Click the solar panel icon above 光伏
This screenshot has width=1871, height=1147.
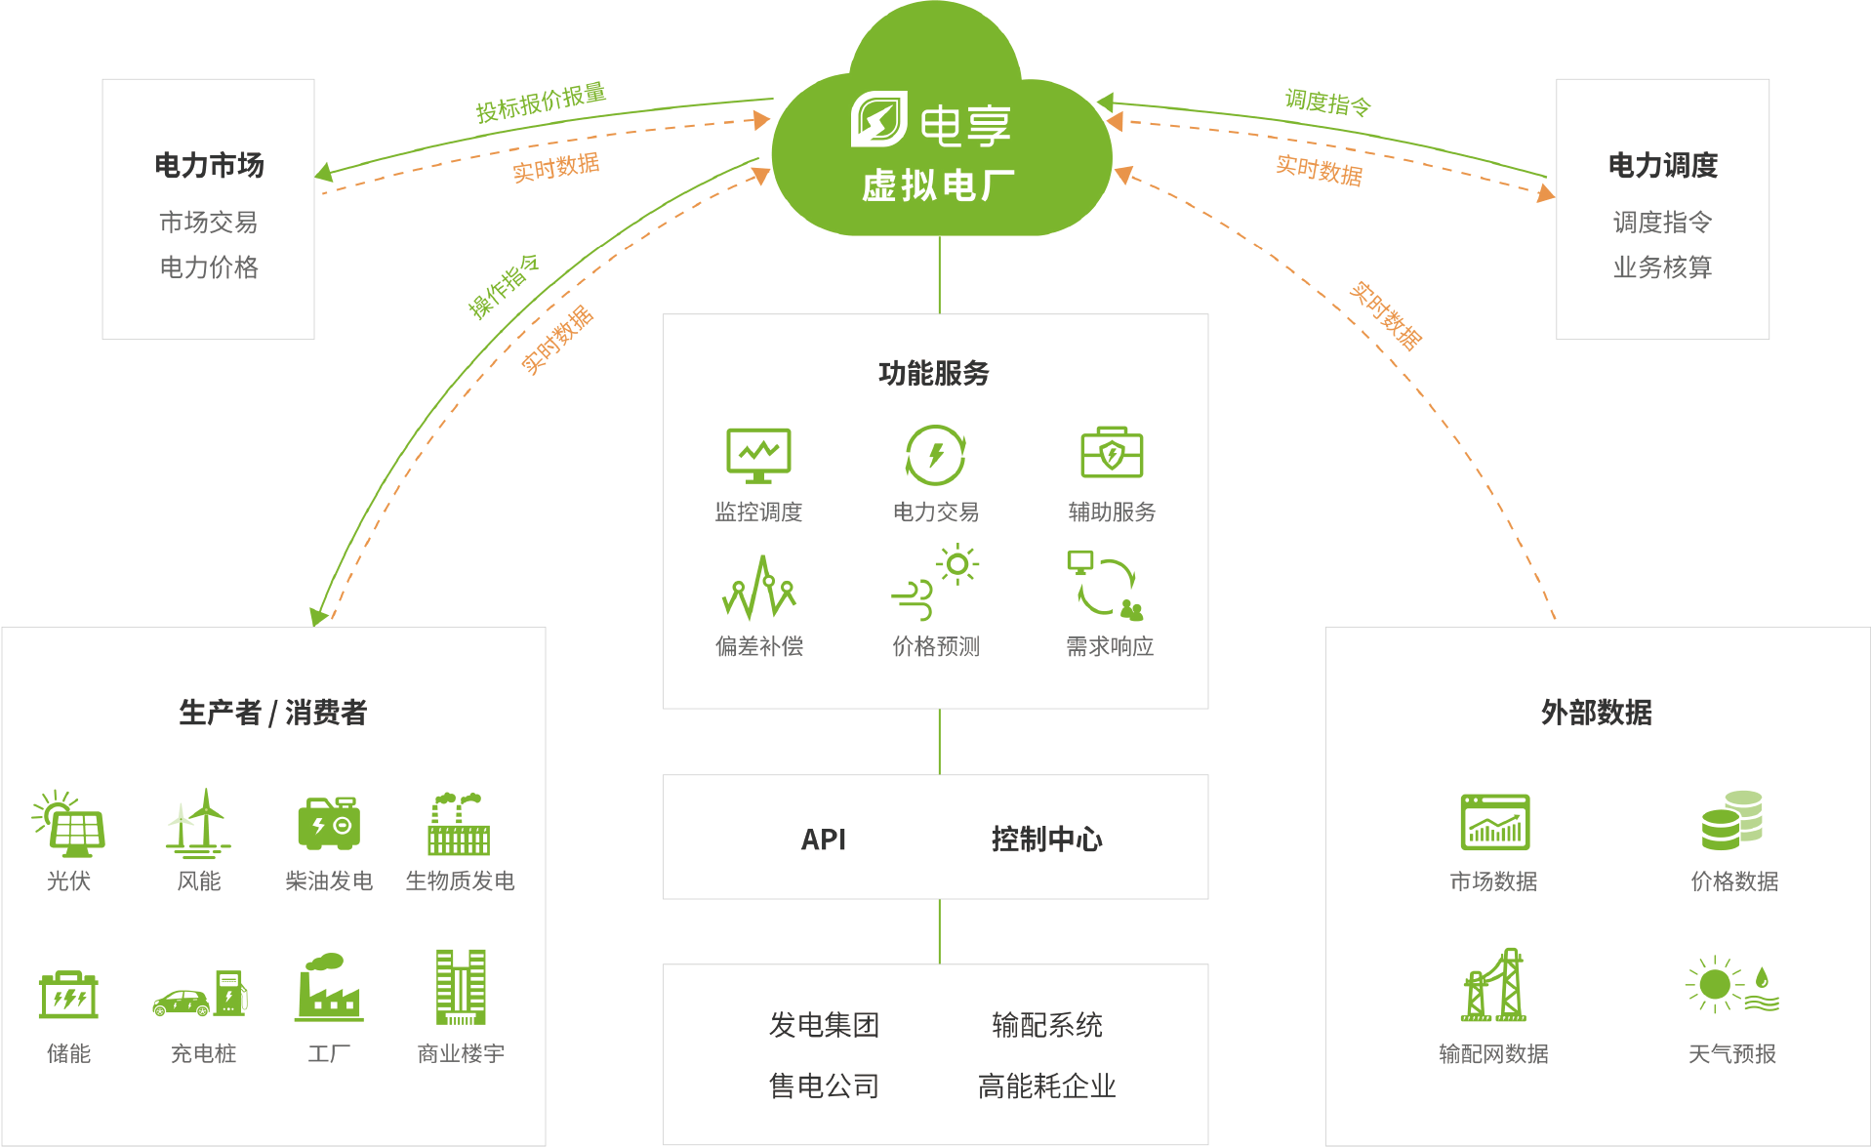68,823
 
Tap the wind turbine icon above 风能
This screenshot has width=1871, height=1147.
199,822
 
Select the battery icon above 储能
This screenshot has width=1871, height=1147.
68,995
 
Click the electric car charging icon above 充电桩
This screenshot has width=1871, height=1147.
201,994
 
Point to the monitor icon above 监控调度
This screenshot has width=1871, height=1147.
758,456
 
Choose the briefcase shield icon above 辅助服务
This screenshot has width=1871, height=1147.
1112,453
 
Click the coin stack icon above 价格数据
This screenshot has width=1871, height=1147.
1732,820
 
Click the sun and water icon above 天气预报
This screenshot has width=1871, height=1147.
1732,984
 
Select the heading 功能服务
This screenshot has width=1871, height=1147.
934,373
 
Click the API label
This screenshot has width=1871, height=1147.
824,840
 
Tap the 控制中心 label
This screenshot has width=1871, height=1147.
1047,840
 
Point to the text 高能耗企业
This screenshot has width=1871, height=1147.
1047,1086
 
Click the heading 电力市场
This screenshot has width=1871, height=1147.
209,165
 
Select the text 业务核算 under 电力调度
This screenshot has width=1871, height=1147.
1662,266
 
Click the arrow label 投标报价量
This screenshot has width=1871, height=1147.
541,102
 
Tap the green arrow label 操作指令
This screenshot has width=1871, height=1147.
504,286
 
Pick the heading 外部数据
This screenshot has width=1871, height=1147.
1597,713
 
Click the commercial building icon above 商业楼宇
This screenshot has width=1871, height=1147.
461,987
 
